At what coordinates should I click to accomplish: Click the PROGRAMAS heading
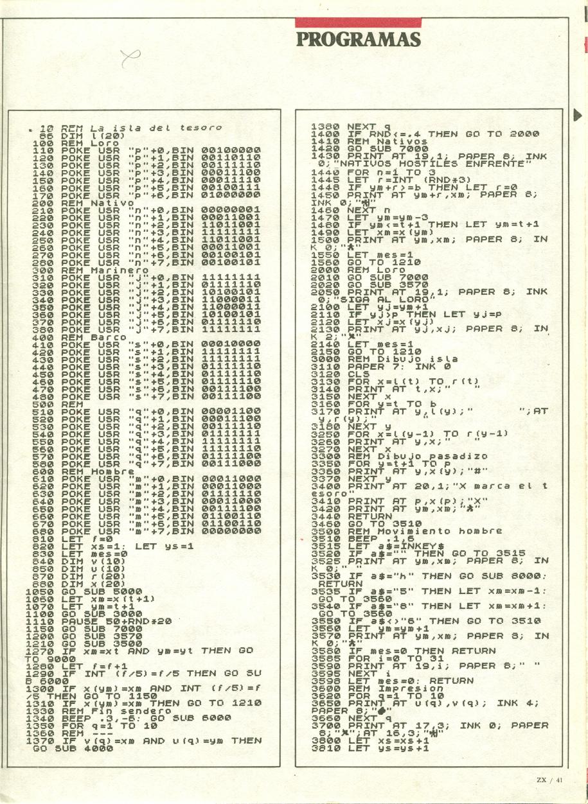click(359, 39)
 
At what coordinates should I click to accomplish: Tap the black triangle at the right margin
click(576, 116)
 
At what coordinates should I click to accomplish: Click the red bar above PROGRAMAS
click(359, 22)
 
